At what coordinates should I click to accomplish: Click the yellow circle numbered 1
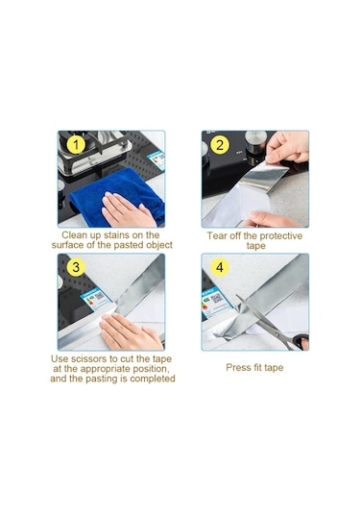point(76,144)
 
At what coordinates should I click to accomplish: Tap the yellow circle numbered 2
point(220,144)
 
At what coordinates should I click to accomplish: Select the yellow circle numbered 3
point(76,267)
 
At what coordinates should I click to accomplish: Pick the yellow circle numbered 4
point(220,267)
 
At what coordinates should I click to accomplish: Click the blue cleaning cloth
point(118,193)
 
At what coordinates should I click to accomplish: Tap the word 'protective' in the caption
point(280,236)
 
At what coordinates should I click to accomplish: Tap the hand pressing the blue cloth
point(128,209)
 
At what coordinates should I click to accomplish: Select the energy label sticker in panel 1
point(156,160)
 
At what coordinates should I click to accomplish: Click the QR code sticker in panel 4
point(216,302)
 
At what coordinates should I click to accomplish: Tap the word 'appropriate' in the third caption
point(107,369)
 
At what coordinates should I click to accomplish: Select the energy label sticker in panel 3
point(97,298)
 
